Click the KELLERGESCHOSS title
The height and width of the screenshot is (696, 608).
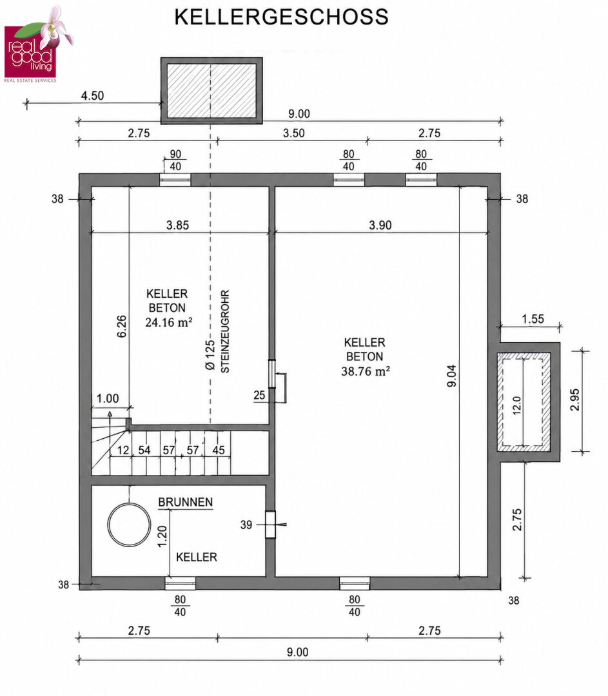click(x=282, y=17)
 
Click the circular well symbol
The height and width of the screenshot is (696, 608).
click(x=129, y=525)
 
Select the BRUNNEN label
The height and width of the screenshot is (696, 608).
click(x=185, y=502)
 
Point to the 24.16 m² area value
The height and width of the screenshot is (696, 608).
click(x=169, y=322)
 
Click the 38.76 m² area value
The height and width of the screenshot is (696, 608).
click(x=366, y=371)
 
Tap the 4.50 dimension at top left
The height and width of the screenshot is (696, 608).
click(x=92, y=95)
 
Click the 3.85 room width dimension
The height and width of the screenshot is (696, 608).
click(x=178, y=225)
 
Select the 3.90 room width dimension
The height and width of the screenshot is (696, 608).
click(x=380, y=225)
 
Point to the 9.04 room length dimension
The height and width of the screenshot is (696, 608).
click(x=451, y=376)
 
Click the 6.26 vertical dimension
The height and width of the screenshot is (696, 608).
click(x=122, y=326)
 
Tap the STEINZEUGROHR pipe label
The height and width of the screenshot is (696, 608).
click(x=225, y=332)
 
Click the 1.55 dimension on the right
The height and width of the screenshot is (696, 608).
click(x=533, y=319)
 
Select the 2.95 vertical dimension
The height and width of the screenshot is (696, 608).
click(x=574, y=400)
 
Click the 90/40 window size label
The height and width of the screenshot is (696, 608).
click(x=175, y=160)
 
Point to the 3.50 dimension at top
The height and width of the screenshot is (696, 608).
click(x=294, y=133)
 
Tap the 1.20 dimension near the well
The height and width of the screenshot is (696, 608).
click(x=162, y=536)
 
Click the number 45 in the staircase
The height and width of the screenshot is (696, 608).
click(x=219, y=450)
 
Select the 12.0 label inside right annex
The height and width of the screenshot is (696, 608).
click(x=516, y=405)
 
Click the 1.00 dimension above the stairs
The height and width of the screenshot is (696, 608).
click(x=108, y=398)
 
